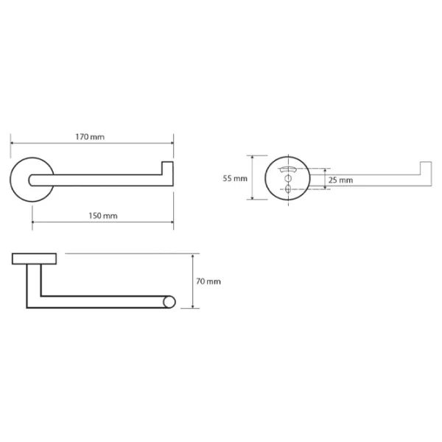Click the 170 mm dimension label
click(x=90, y=137)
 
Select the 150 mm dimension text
click(x=103, y=216)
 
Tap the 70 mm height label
click(x=208, y=281)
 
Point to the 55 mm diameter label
click(x=235, y=178)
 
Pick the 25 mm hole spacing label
click(x=340, y=180)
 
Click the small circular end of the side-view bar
click(x=169, y=302)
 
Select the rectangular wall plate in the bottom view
click(x=34, y=259)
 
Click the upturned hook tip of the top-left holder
click(x=167, y=168)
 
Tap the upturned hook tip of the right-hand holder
click(x=426, y=168)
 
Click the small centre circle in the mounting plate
click(x=288, y=178)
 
